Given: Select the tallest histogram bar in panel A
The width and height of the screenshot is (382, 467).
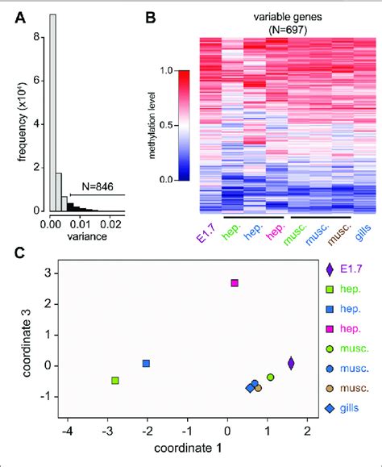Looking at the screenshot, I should [x=52, y=112].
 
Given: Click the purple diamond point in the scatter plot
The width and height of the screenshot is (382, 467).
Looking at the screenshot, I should [x=291, y=364].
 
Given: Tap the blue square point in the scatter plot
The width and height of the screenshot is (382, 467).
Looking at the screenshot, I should [x=147, y=364].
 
